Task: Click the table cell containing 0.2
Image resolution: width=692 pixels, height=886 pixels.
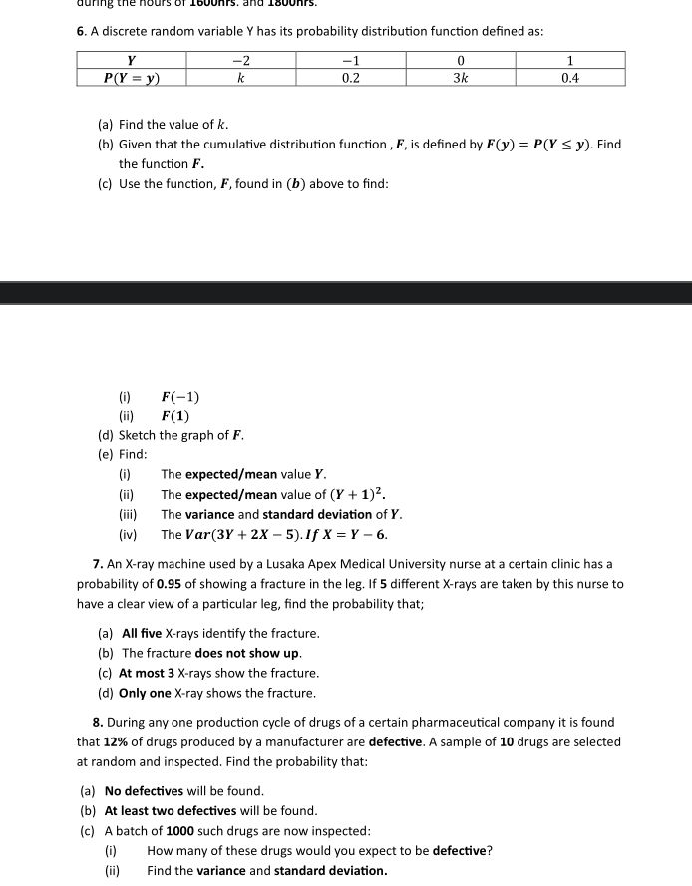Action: (x=350, y=76)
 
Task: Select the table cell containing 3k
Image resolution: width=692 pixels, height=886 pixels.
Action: (x=461, y=76)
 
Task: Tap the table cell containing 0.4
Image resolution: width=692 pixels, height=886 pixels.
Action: (x=570, y=76)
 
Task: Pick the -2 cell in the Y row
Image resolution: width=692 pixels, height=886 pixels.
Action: (x=240, y=59)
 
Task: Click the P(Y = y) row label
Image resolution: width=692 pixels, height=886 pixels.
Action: (x=133, y=76)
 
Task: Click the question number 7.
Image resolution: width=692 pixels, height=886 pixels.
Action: (x=98, y=564)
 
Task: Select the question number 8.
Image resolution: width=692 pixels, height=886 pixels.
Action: (x=98, y=722)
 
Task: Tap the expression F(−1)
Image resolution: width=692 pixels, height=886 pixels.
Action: (x=180, y=396)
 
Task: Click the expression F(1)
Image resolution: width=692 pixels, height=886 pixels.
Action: (x=175, y=416)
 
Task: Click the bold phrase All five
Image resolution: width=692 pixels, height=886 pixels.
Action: (x=143, y=633)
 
